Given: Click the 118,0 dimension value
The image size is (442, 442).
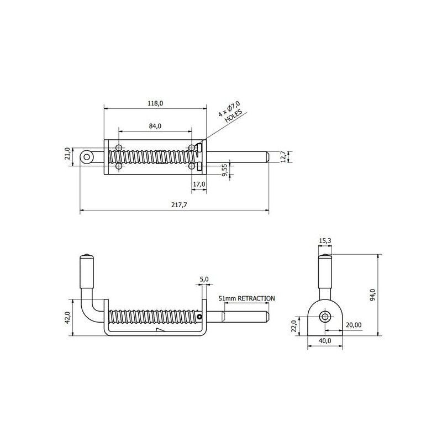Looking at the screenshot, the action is coord(155,103).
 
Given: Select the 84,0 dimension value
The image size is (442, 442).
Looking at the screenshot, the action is coord(155,126).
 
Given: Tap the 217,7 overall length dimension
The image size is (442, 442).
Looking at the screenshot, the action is coord(179,204).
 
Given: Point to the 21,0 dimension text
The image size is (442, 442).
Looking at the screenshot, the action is coord(67,154).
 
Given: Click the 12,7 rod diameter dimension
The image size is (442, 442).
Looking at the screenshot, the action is coord(283,157).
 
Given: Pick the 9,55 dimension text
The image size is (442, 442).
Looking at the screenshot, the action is coord(225,170).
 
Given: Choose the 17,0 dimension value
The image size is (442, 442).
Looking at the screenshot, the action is coord(199,184).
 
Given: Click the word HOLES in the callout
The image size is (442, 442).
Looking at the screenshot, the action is coord(233,115).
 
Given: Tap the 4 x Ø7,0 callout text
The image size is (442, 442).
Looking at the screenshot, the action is coord(229,109).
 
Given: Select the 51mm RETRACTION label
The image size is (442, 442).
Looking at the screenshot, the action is coord(246,298).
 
